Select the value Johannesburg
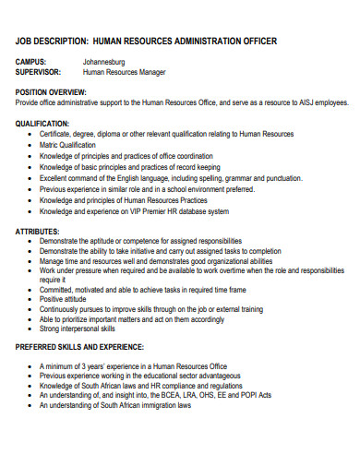pos(103,62)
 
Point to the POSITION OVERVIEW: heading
pos(52,93)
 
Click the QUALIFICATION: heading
pos(42,123)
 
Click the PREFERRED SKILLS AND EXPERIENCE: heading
pos(79,346)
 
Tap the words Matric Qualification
pos(67,145)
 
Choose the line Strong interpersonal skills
pos(78,328)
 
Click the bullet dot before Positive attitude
pos(31,298)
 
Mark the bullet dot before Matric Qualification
pos(31,145)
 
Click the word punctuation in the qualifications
pos(280,177)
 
